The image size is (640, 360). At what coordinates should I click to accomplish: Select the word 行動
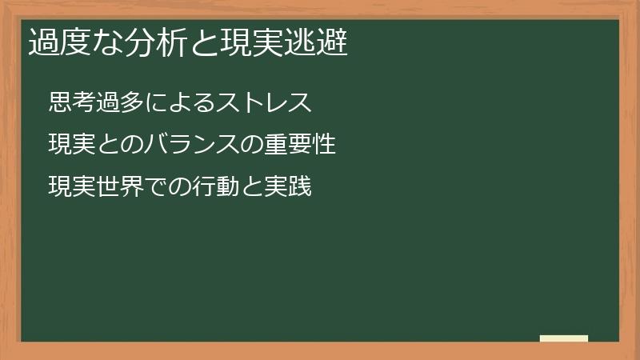pos(228,187)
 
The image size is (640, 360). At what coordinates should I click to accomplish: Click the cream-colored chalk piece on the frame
pos(564,338)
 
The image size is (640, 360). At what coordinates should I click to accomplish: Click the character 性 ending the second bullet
pos(322,145)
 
